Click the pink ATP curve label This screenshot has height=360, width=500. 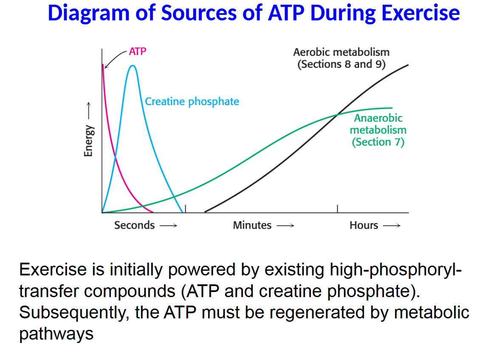[x=138, y=52]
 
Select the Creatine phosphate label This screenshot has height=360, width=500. [x=192, y=102]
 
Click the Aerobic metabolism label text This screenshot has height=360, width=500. [x=341, y=52]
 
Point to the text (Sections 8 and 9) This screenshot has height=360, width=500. [x=341, y=64]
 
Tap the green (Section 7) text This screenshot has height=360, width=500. [x=378, y=142]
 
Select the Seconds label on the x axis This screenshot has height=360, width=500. [x=134, y=225]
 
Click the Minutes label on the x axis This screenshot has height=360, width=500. [x=252, y=225]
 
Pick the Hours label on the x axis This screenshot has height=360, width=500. [x=364, y=225]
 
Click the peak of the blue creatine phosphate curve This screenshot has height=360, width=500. [x=133, y=65]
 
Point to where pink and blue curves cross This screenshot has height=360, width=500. [x=116, y=159]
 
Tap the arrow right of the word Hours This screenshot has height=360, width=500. [x=391, y=226]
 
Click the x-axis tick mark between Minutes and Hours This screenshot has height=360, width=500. [x=338, y=209]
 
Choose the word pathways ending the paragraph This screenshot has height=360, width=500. [x=56, y=334]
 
